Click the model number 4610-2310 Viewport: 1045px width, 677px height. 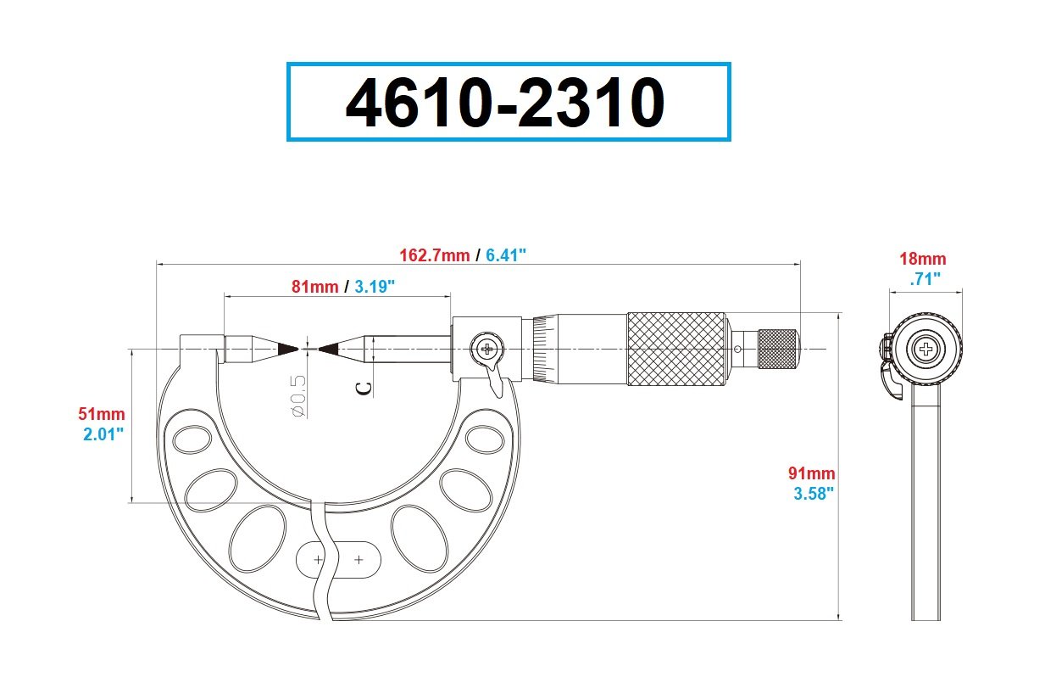pos(505,103)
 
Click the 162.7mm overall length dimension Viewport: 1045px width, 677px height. pos(434,255)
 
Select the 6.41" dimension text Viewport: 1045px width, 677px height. pos(506,255)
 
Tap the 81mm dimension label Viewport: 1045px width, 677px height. pos(315,286)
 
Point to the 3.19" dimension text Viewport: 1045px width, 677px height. pos(375,286)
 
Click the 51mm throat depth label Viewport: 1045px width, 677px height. pos(102,414)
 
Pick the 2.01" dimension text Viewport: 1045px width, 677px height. pos(103,434)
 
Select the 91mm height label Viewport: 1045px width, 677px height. pos(811,473)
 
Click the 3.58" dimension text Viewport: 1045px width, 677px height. pos(814,494)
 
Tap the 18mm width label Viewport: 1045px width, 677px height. pos(923,258)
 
